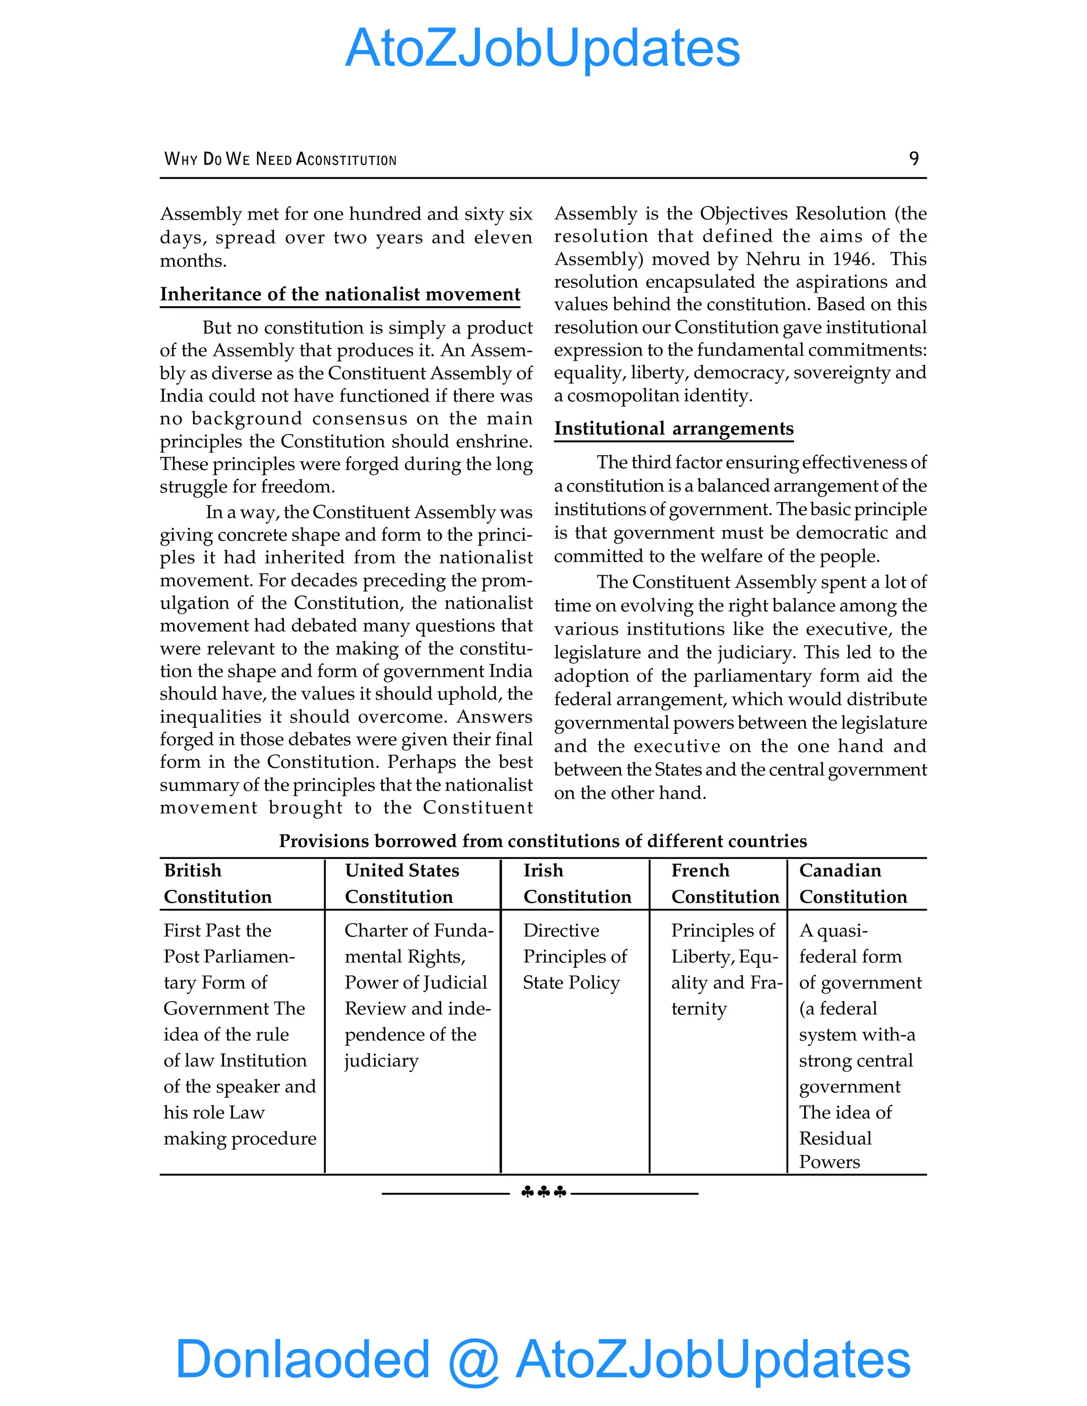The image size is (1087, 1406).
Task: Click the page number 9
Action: point(913,158)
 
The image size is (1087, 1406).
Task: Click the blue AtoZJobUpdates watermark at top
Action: point(542,48)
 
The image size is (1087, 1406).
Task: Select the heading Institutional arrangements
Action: point(674,429)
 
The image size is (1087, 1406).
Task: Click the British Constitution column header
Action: point(218,883)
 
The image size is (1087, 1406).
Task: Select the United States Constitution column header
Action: point(401,883)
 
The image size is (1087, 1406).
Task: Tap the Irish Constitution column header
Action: point(576,883)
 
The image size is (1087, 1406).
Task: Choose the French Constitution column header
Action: point(724,883)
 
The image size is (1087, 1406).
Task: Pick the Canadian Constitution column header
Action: point(852,883)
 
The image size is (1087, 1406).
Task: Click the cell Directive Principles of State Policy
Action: point(574,956)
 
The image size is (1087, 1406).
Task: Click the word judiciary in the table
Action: point(381,1060)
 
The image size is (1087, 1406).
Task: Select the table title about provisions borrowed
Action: point(542,841)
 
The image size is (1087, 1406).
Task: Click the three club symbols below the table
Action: point(543,1193)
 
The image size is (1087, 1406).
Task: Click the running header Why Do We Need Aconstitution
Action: point(280,159)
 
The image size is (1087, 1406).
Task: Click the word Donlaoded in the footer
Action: point(303,1358)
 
